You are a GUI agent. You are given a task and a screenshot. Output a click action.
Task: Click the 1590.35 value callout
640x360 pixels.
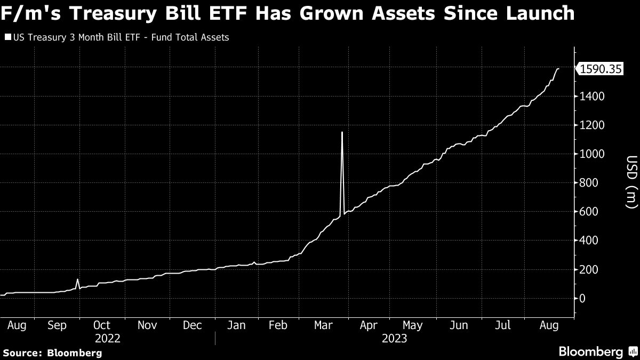[601, 69]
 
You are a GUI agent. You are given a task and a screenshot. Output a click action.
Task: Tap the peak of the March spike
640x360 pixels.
[342, 132]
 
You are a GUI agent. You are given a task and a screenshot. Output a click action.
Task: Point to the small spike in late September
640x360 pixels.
[77, 279]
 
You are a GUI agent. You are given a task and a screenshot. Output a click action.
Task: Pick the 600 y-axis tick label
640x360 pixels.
[588, 212]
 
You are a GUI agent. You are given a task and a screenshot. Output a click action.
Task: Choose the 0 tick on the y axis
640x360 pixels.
[583, 298]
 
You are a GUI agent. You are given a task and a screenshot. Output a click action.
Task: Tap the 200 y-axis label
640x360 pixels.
[588, 269]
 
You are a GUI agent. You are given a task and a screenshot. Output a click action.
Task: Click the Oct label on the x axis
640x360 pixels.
[101, 325]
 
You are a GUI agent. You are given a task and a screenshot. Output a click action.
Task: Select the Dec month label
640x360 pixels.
[192, 325]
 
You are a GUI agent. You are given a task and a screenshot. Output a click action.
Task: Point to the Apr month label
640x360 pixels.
[369, 325]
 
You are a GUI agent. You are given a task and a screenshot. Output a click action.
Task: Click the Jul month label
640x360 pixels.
[503, 325]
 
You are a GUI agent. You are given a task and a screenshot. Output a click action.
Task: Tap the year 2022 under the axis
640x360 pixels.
[107, 339]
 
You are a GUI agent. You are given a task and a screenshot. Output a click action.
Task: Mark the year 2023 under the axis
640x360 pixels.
[394, 339]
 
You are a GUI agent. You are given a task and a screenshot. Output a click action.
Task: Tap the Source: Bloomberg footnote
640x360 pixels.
[52, 353]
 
